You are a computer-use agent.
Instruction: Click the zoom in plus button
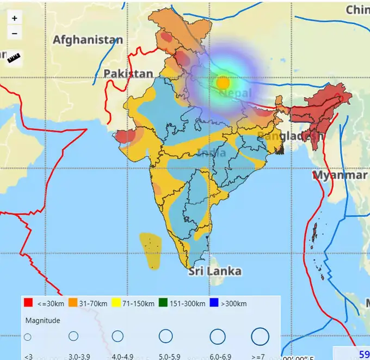pos(14,18)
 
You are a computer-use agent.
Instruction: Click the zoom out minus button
pos(14,33)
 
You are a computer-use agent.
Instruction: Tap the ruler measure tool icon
pos(14,58)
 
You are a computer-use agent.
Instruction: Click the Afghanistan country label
pos(88,40)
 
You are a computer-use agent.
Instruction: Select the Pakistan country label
pos(128,74)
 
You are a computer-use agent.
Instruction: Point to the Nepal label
pos(235,94)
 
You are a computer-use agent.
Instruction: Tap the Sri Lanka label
pos(215,271)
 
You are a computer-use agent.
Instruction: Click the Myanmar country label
pos(340,175)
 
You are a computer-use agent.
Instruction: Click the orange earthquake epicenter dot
pos(223,83)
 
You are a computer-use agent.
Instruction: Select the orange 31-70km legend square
pos(73,303)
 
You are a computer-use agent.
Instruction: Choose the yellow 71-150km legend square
pos(115,303)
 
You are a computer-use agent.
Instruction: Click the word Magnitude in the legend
pos(42,320)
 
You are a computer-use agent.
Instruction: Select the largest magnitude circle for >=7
pos(260,336)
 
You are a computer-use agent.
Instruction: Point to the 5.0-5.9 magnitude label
pos(165,357)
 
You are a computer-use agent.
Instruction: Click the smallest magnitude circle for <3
pos(28,337)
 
